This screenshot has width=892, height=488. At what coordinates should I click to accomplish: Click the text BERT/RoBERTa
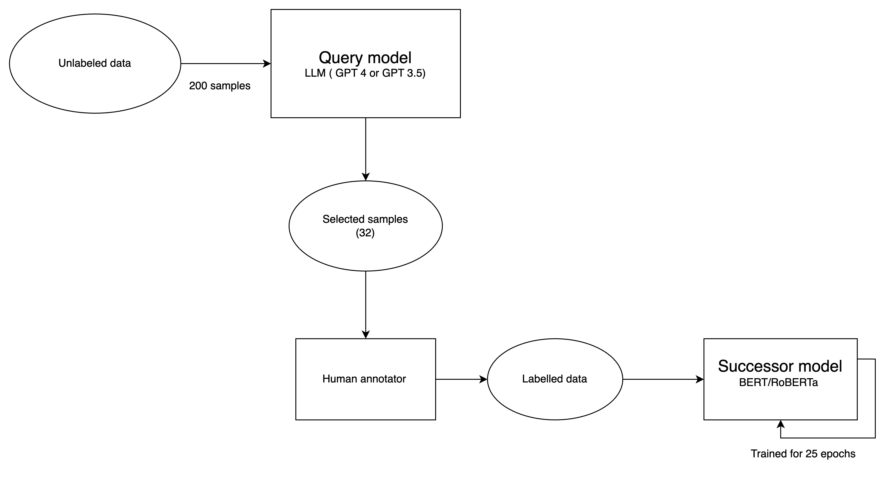click(x=778, y=382)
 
